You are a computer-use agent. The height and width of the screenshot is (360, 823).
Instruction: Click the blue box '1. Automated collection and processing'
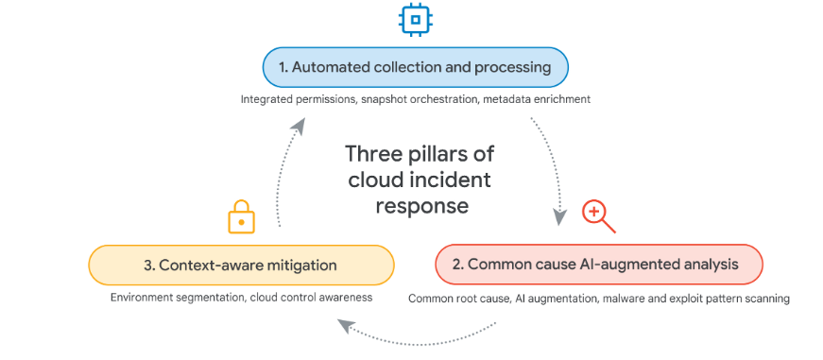(x=415, y=67)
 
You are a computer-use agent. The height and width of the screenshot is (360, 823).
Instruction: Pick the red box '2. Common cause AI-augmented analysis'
(x=597, y=265)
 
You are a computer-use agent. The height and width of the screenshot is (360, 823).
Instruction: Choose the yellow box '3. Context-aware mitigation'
(x=240, y=265)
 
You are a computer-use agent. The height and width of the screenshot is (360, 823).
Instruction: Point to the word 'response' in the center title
(x=420, y=205)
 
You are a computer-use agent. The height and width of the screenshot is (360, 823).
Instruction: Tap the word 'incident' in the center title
(x=457, y=180)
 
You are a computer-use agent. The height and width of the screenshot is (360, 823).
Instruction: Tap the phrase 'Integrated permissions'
(x=297, y=99)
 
